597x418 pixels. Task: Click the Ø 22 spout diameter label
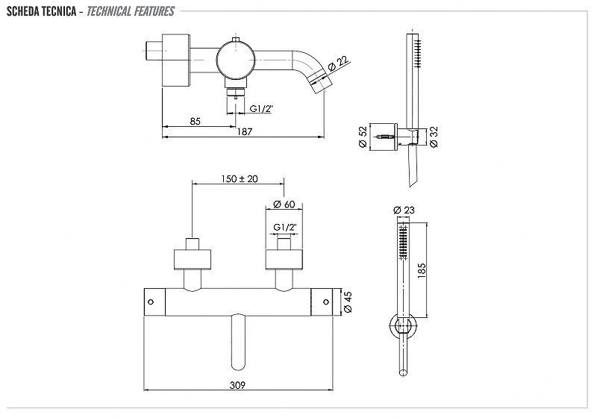pos(338,63)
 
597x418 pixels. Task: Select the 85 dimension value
pos(195,121)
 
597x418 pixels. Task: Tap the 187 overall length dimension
pos(245,131)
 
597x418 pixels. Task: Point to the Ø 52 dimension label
pos(363,137)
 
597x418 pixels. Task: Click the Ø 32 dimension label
pos(434,137)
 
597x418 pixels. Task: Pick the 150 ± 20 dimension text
pos(240,178)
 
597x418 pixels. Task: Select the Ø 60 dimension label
pos(284,204)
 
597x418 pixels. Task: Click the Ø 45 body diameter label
pos(348,302)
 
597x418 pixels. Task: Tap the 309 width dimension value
pos(237,385)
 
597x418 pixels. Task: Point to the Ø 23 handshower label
pos(404,210)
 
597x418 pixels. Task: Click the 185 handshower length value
pos(422,270)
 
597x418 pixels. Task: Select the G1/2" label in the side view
pos(261,108)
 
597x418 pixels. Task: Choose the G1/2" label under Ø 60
pos(285,227)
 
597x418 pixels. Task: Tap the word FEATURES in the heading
pos(154,11)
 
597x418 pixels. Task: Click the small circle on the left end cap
pos(151,302)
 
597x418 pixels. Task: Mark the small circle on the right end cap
pos(325,302)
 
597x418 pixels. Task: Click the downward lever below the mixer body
pos(238,342)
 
